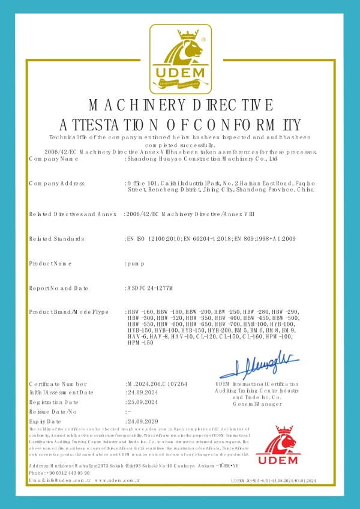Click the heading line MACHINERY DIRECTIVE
[181, 106]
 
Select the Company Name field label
[53, 160]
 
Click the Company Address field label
[56, 183]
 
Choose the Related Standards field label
[56, 239]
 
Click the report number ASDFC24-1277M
[149, 289]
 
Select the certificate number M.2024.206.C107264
[157, 384]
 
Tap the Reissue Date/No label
[53, 412]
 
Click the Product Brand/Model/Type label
[68, 312]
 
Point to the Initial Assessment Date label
[61, 393]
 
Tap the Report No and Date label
[58, 289]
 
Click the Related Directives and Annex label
[72, 214]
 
